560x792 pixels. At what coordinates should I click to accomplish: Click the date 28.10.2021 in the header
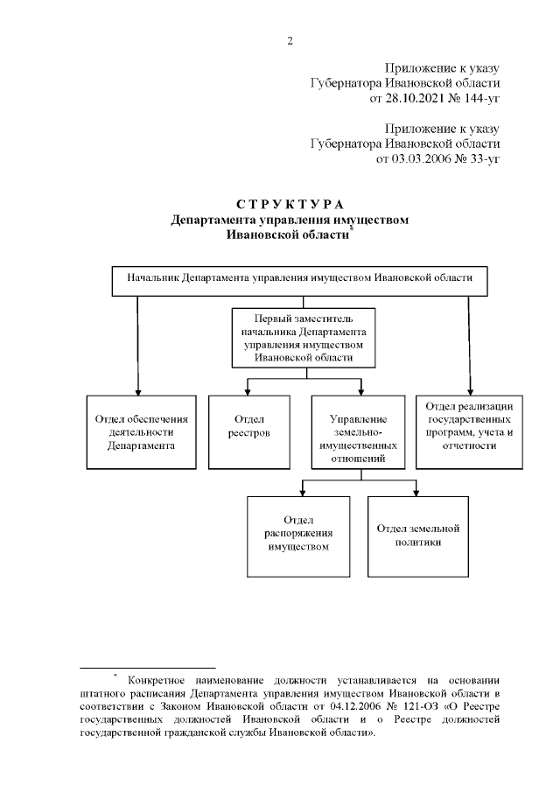coord(403,99)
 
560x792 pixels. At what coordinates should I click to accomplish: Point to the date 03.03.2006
coord(409,160)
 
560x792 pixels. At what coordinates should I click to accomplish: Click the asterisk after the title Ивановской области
coord(351,229)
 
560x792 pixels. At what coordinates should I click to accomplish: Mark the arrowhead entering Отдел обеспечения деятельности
coord(136,391)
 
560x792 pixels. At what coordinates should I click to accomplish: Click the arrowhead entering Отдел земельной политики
coord(416,492)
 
